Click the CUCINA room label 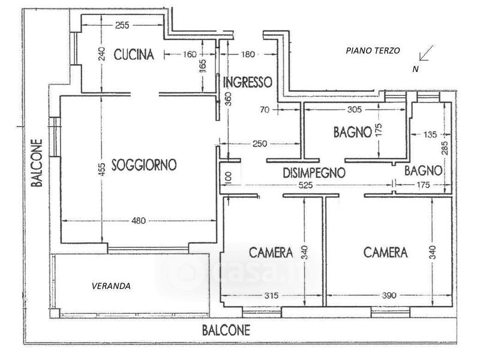point(134,55)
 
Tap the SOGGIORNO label point(144,164)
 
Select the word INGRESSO point(248,82)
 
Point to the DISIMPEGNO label point(314,173)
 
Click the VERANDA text point(112,286)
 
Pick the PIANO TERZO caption point(373,50)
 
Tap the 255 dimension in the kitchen point(122,25)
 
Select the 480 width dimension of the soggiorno point(139,221)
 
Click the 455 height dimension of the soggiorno point(102,170)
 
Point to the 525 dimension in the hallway point(305,185)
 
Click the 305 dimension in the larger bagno point(355,109)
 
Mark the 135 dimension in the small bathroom point(430,134)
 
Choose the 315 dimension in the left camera point(271,295)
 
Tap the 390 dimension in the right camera point(389,295)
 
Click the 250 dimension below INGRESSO point(260,143)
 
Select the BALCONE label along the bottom point(226,330)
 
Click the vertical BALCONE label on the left point(37,163)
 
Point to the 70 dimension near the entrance point(265,110)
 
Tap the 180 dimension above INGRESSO point(248,54)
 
